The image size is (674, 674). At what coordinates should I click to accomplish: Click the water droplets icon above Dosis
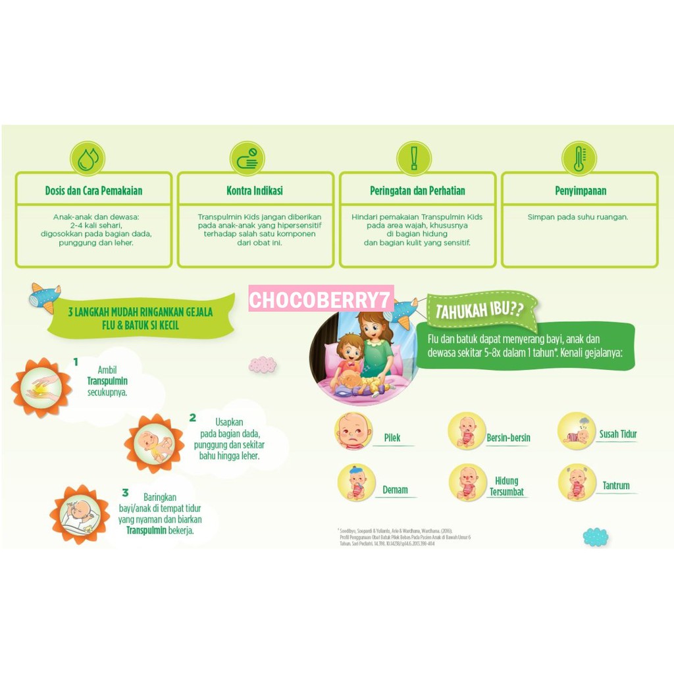click(88, 159)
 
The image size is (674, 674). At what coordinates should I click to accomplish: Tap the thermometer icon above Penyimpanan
click(579, 159)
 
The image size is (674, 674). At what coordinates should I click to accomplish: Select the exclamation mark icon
click(414, 159)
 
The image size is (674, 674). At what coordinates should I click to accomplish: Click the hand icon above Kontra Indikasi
click(247, 159)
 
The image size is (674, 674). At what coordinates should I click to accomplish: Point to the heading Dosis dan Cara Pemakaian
click(93, 191)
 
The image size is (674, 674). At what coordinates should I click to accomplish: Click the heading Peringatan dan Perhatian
click(417, 191)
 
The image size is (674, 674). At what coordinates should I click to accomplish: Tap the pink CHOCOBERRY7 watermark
click(321, 301)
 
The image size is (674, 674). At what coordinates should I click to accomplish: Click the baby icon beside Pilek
click(353, 431)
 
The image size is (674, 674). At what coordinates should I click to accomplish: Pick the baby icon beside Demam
click(356, 482)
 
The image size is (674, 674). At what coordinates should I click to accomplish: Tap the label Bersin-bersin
click(508, 438)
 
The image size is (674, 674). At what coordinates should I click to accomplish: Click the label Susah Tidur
click(617, 434)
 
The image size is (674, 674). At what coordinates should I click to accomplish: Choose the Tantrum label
click(616, 486)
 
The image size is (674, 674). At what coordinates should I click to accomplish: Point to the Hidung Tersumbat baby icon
click(467, 482)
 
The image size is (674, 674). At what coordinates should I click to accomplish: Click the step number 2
click(192, 417)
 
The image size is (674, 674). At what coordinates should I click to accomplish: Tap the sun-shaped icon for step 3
click(80, 514)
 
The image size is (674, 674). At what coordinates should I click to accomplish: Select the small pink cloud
click(263, 364)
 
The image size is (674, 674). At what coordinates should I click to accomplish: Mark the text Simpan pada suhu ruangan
click(578, 217)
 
